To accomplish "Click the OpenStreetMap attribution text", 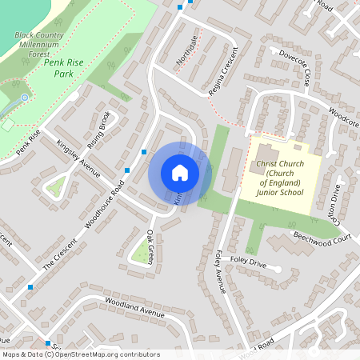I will [x=80, y=354].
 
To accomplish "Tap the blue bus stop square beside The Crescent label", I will [x=30, y=286].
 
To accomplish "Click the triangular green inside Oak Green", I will [x=142, y=254].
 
